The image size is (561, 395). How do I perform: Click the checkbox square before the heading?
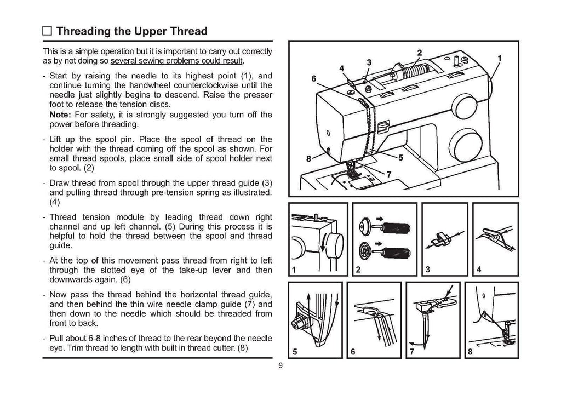48,30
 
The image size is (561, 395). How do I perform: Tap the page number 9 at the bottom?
280,367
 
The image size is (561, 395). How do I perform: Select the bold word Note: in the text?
60,115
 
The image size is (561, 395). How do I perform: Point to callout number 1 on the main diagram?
499,58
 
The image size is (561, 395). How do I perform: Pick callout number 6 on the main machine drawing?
314,79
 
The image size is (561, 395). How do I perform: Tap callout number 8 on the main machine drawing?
309,159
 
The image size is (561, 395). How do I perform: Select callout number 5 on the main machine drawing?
400,158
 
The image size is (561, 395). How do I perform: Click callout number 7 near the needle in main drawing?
389,175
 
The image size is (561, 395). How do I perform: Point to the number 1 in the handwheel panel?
294,270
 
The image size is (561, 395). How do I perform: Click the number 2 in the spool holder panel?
358,270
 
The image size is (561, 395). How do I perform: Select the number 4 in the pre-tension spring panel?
479,270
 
